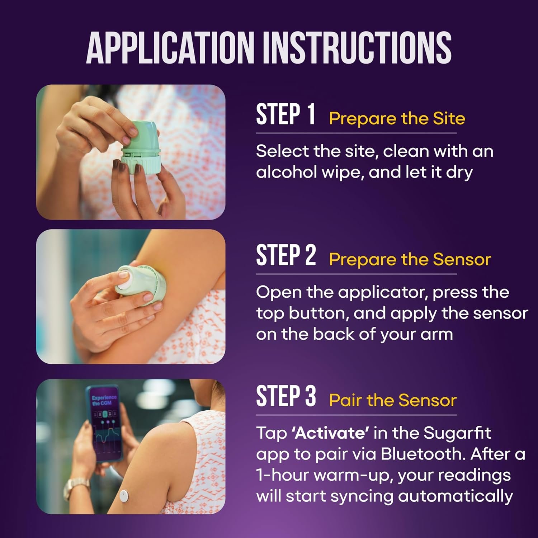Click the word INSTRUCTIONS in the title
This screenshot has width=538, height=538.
pos(357,48)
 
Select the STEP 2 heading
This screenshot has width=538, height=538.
pos(286,255)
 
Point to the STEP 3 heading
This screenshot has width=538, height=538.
pos(286,396)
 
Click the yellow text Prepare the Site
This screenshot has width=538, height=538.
pos(397,118)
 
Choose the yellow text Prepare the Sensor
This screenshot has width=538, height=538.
pos(410,259)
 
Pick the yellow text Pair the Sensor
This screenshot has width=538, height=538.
pos(393,400)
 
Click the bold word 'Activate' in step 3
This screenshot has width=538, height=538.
pos(330,433)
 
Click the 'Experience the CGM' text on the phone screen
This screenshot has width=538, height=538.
pos(104,400)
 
